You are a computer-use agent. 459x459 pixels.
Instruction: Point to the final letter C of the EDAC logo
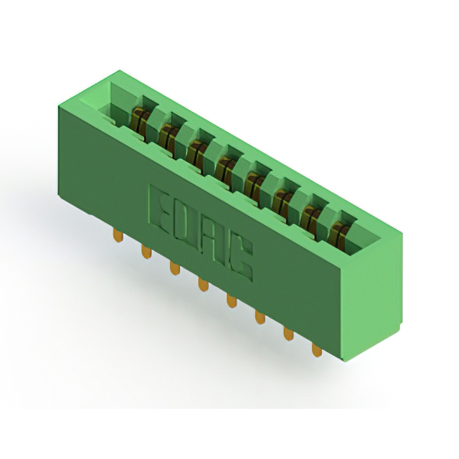coord(239,257)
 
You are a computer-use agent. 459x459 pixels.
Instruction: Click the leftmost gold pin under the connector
coord(118,236)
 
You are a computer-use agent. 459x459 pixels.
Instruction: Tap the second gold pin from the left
coord(146,252)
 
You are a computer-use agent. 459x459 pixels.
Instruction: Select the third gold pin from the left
coord(175,268)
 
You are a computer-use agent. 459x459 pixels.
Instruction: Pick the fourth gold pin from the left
coord(203,285)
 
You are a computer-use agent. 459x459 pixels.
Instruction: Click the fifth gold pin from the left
coord(231,301)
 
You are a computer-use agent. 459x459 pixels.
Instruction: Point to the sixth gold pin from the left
coord(260,317)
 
